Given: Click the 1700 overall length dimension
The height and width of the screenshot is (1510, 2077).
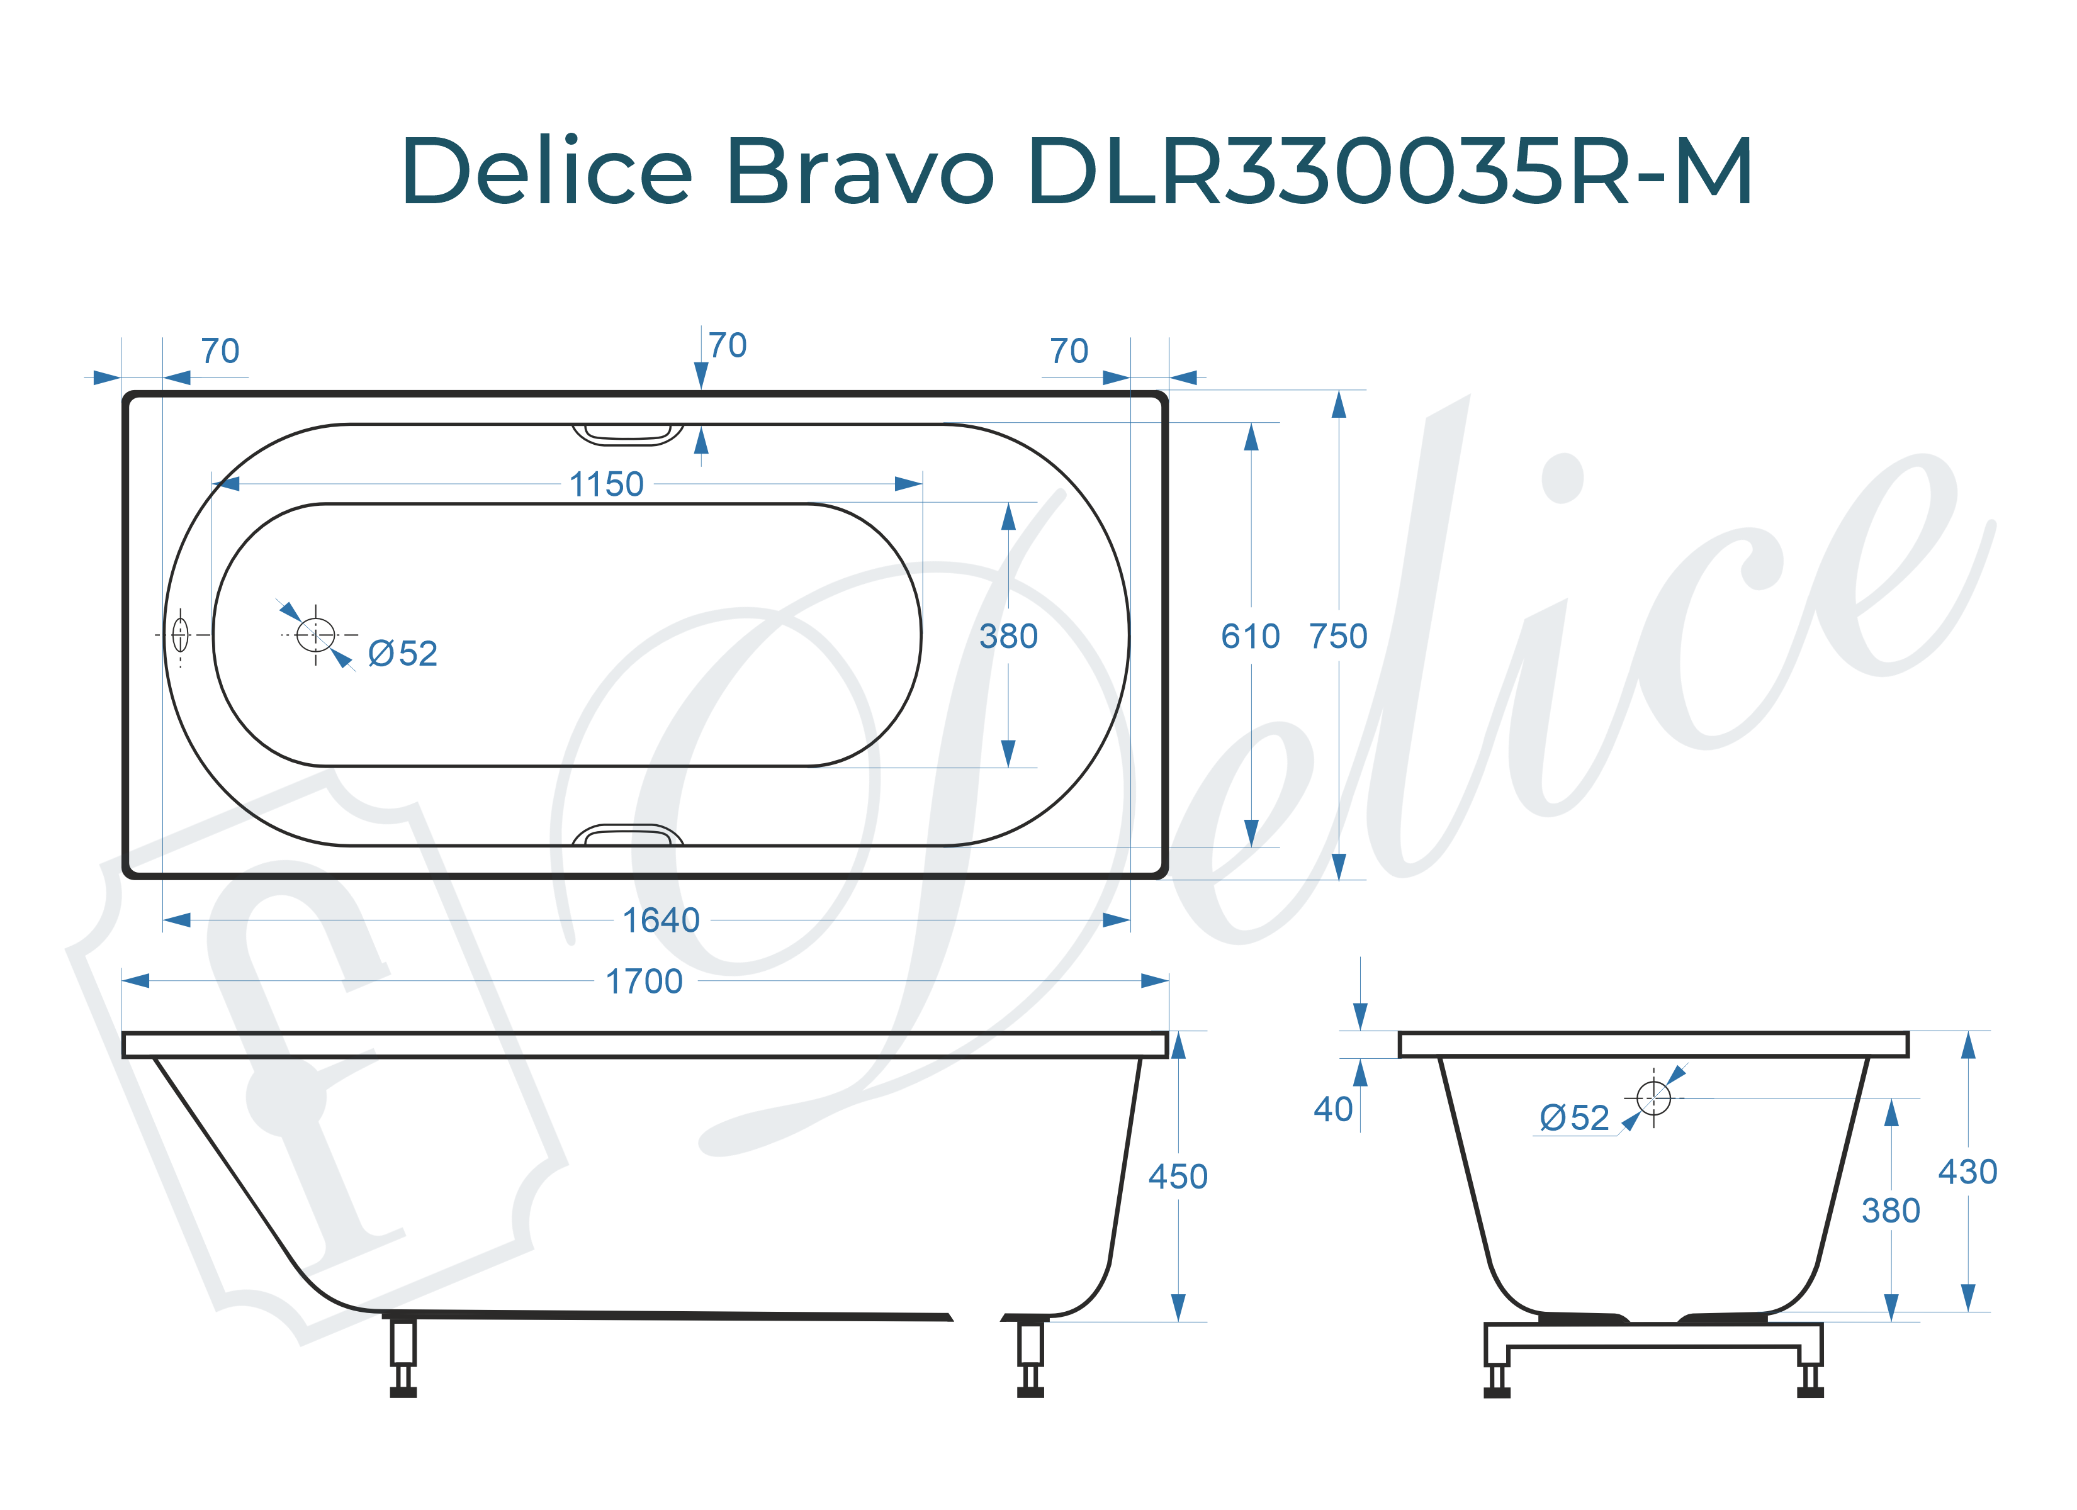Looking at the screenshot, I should [x=644, y=981].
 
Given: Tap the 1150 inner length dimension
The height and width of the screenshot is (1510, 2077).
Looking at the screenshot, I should [x=606, y=484].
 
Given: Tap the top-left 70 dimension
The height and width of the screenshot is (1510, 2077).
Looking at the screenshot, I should [x=220, y=352].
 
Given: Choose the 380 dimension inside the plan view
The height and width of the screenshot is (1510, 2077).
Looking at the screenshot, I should [x=1008, y=637].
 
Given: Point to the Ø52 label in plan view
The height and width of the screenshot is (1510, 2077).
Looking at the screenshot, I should [x=402, y=654].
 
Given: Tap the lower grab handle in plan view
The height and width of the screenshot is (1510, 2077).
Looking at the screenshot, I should [x=628, y=835].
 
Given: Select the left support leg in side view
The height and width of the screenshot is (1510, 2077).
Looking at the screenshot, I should [x=403, y=1355].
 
